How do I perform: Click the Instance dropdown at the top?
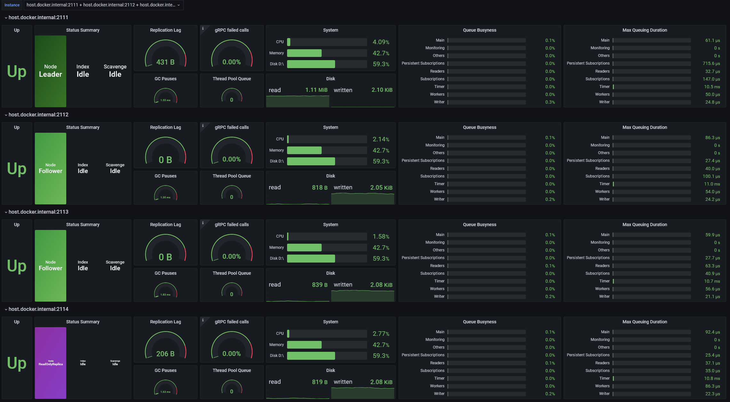(x=103, y=5)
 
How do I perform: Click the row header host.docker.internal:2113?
(x=38, y=212)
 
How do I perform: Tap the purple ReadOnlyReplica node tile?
(x=51, y=363)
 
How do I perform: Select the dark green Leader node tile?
(x=51, y=71)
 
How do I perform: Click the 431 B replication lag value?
(x=165, y=62)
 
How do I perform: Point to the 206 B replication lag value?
(x=165, y=354)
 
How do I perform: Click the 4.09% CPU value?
(x=381, y=42)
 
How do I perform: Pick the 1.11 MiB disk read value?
(x=316, y=90)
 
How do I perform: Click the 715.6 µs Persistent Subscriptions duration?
(x=711, y=64)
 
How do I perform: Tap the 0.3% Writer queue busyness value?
(x=550, y=102)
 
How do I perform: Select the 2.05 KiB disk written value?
(x=381, y=188)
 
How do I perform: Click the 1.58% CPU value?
(x=381, y=237)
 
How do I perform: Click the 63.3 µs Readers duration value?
(x=712, y=266)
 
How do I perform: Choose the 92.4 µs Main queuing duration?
(x=712, y=332)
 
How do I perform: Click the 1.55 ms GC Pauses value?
(x=165, y=100)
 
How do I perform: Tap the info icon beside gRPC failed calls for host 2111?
(x=203, y=28)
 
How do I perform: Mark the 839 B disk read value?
(x=319, y=285)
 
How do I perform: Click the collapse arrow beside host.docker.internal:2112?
(x=6, y=115)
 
